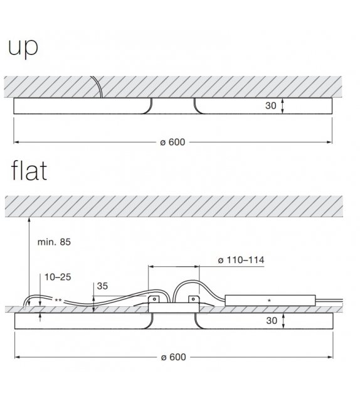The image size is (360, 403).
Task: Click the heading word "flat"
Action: pyautogui.click(x=29, y=170)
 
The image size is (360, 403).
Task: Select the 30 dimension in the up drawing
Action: pyautogui.click(x=270, y=106)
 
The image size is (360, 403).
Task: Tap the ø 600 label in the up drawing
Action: pyautogui.click(x=173, y=142)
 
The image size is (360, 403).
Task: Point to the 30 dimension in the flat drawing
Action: pyautogui.click(x=270, y=320)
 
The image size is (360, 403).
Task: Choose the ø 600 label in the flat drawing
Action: pyautogui.click(x=173, y=357)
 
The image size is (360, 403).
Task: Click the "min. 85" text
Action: pyautogui.click(x=55, y=242)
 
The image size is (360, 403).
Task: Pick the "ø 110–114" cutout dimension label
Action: pyautogui.click(x=240, y=261)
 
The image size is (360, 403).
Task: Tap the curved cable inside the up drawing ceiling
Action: pyautogui.click(x=97, y=87)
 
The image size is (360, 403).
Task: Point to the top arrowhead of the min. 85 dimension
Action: pyautogui.click(x=29, y=218)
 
